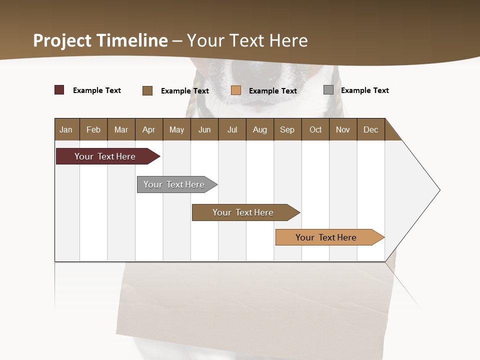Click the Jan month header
click(x=66, y=129)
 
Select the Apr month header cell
click(x=149, y=129)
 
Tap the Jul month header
click(x=232, y=129)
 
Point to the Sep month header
click(x=287, y=129)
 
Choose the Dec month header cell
click(x=370, y=129)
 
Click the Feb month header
click(x=93, y=129)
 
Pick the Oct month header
click(x=315, y=129)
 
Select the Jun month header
click(x=204, y=129)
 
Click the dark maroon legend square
click(x=59, y=90)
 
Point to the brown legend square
click(x=147, y=90)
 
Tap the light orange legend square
click(x=236, y=90)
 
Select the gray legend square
click(x=328, y=90)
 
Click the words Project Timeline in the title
click(x=100, y=40)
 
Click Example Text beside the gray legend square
click(x=364, y=90)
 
